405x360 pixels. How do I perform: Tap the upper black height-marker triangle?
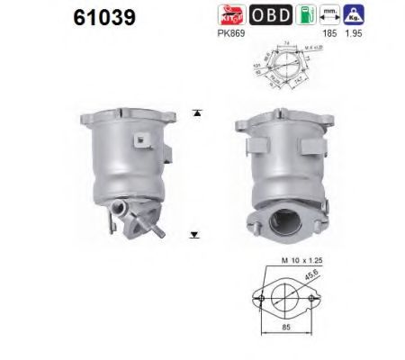pyautogui.click(x=196, y=113)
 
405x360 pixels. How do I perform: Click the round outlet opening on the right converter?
pyautogui.click(x=287, y=221)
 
